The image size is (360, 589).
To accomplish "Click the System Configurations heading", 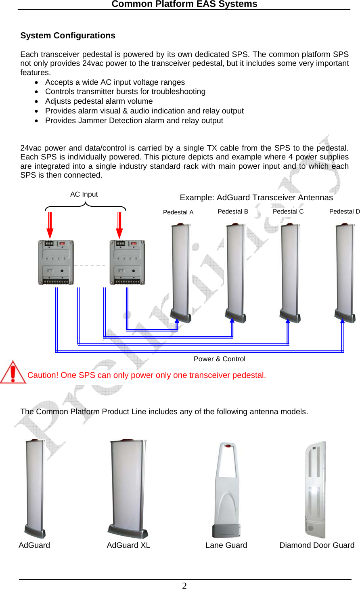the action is [x=68, y=36].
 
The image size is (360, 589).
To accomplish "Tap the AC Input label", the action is [x=84, y=194].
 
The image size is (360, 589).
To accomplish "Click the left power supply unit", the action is [x=56, y=262].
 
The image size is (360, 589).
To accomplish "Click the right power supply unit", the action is [x=128, y=262].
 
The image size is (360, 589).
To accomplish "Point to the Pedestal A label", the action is [x=178, y=212].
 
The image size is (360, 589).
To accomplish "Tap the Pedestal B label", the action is [x=233, y=212].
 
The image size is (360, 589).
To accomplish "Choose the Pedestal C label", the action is [x=288, y=212].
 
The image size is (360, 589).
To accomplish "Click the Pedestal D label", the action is [x=344, y=212].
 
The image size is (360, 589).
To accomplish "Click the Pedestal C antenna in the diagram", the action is [x=290, y=272].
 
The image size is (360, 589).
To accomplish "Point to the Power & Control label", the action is [x=220, y=359].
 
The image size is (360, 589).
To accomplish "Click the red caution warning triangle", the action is [x=13, y=372].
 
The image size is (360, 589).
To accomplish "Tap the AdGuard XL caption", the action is [x=128, y=545].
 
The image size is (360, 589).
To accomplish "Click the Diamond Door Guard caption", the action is [x=317, y=545].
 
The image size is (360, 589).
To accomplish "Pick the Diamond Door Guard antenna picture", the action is [x=315, y=490].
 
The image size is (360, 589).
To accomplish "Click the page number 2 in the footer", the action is [x=184, y=586].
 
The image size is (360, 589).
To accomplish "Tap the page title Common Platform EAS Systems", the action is [x=184, y=4].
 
